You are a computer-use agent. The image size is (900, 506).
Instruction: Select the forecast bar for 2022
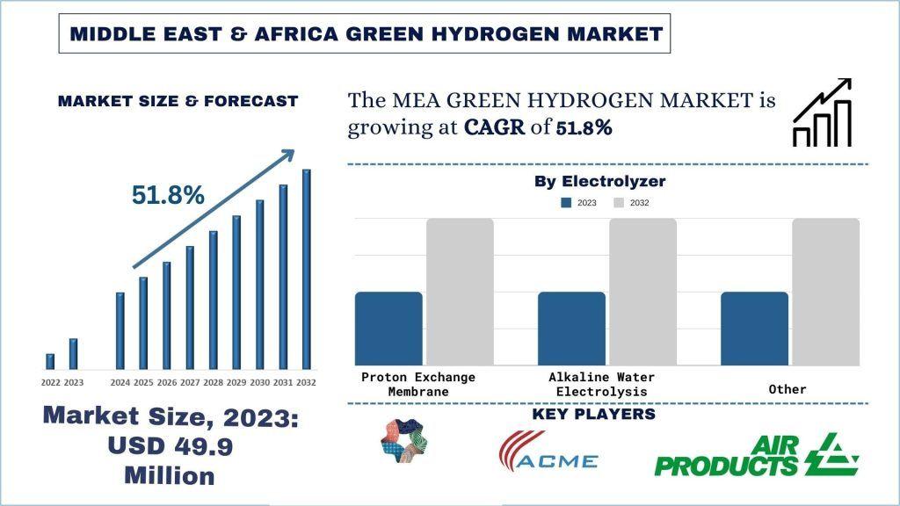[x=50, y=361]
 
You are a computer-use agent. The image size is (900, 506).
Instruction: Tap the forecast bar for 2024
[x=120, y=330]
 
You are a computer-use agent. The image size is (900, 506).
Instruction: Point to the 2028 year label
[x=213, y=383]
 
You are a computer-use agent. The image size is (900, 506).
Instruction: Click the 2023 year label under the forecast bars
[x=74, y=383]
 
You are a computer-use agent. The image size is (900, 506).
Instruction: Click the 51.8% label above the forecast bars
[x=168, y=196]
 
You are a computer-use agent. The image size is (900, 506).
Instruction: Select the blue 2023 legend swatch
[x=567, y=203]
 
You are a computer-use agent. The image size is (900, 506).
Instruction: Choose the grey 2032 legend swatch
[x=618, y=203]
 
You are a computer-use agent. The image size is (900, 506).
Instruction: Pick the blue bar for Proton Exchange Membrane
[x=388, y=329]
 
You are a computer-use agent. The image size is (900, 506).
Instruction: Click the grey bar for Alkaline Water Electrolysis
[x=642, y=292]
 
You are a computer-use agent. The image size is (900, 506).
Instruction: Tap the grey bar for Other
[x=825, y=292]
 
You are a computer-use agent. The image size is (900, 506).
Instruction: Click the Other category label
[x=786, y=389]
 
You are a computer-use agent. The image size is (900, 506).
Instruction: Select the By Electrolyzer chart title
[x=600, y=182]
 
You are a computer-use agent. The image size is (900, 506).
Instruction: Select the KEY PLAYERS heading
[x=594, y=414]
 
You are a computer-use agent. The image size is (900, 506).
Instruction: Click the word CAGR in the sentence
[x=492, y=127]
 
